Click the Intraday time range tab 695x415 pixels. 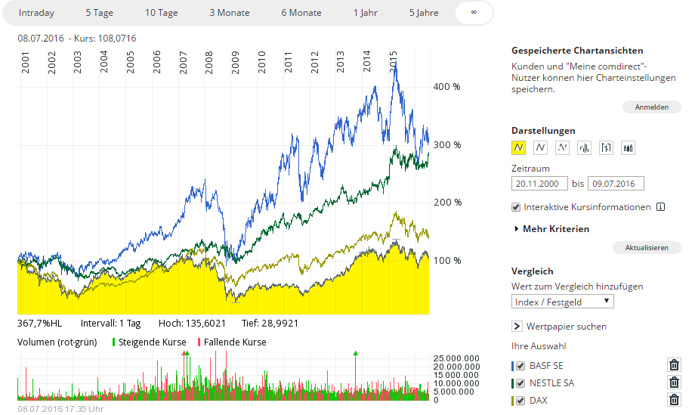point(36,13)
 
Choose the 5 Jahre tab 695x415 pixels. point(423,13)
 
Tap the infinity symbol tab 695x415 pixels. point(474,13)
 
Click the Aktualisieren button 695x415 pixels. point(652,247)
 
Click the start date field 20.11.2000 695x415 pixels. point(539,184)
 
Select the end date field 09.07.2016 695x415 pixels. point(616,184)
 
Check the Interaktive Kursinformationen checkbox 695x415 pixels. point(516,207)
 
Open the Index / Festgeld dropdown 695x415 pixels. point(563,302)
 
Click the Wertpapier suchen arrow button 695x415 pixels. point(517,327)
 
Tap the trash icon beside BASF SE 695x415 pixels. point(674,365)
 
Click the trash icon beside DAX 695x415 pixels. point(674,400)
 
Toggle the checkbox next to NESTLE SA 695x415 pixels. point(520,382)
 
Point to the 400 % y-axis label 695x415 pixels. point(446,87)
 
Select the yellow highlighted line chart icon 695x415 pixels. point(519,147)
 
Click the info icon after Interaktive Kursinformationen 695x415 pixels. point(660,207)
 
